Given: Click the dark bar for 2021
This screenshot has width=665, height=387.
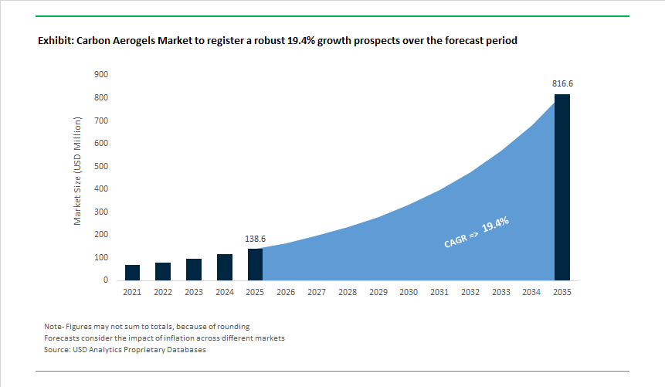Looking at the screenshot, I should point(132,272).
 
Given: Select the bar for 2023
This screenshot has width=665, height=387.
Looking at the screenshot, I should point(194,270).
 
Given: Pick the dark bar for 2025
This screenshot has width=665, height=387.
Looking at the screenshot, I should point(255,264).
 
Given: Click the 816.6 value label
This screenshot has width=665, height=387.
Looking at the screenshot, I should point(562,83).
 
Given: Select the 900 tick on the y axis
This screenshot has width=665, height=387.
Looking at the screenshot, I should point(101,75).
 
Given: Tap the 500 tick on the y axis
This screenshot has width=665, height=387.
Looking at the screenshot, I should point(101,166).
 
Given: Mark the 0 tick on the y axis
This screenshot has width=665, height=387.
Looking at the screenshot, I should point(105,280).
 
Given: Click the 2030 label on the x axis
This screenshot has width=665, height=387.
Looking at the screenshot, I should point(409,293).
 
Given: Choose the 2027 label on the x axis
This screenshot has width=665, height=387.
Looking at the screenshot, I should point(317,293).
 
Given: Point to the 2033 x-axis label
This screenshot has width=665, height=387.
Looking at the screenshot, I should point(500,293).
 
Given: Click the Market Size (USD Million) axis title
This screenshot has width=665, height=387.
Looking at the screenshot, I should point(77,171).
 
